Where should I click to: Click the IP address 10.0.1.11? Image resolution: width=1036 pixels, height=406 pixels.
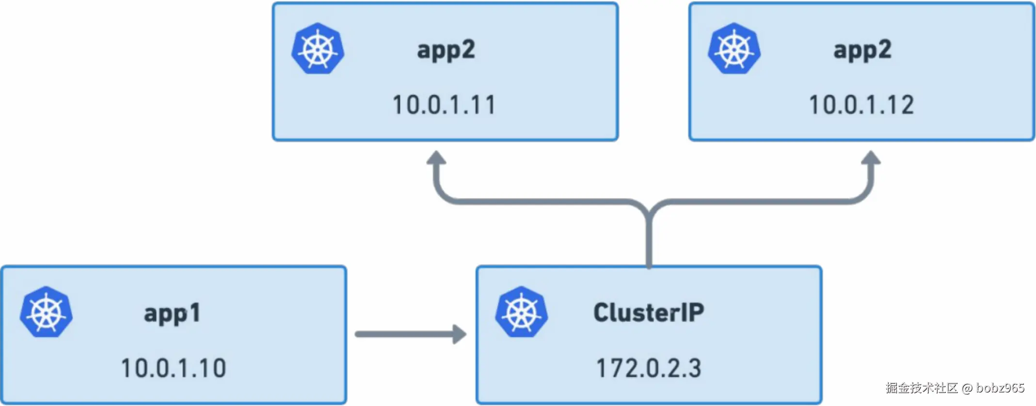[x=444, y=105]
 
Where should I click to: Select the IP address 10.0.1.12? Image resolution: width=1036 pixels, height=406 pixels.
[x=861, y=105]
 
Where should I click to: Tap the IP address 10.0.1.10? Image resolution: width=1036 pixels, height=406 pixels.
[x=173, y=368]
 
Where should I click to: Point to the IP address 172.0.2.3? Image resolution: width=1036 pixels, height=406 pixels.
[x=649, y=368]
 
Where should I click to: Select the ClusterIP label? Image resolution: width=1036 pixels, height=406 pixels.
[x=649, y=312]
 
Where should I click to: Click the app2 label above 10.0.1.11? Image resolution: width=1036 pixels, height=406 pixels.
[x=446, y=50]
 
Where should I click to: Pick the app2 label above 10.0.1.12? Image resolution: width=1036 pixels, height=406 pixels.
[x=862, y=50]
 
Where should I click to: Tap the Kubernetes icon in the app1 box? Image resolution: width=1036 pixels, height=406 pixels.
[x=47, y=312]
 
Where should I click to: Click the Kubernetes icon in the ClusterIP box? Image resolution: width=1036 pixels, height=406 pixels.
[x=522, y=312]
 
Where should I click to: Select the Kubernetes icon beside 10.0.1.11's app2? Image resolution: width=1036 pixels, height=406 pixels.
[x=318, y=48]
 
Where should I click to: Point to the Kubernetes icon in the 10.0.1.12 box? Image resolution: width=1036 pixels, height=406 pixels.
[x=734, y=48]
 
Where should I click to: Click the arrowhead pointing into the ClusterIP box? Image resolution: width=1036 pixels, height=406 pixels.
[x=459, y=334]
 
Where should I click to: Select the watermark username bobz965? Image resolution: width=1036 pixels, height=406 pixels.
[x=1000, y=388]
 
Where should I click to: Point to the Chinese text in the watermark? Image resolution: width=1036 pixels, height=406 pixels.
[x=922, y=388]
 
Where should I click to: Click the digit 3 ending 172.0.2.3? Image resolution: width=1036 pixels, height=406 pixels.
[x=694, y=368]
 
